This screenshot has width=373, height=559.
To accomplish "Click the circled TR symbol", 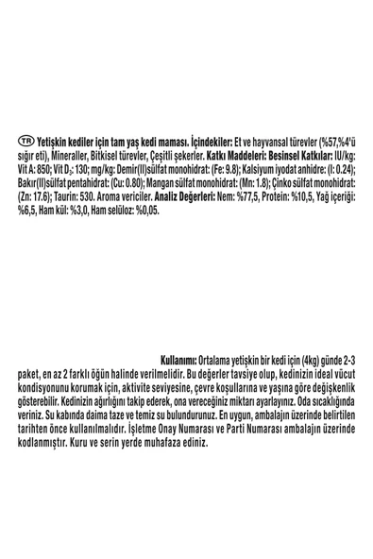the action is (x=23, y=139).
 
